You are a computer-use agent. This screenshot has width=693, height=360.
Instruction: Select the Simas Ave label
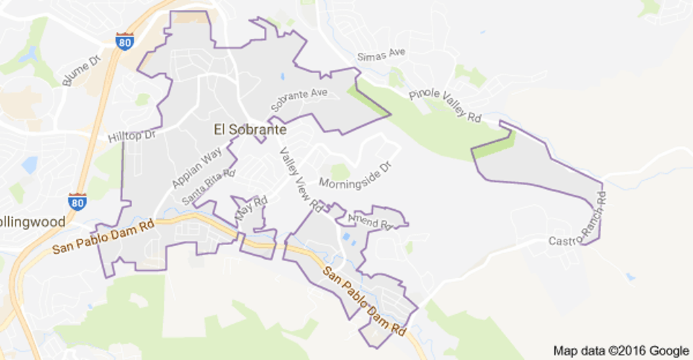tap(381, 54)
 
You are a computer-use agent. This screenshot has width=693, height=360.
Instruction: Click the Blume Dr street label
tap(81, 70)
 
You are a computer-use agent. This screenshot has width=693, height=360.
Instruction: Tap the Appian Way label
tap(196, 168)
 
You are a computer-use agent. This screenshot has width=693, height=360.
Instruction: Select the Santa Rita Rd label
tap(208, 186)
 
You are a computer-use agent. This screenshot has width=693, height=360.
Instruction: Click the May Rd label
tap(251, 208)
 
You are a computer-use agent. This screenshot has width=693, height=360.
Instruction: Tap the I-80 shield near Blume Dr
tap(124, 40)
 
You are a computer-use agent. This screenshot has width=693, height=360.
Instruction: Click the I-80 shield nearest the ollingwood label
tap(77, 200)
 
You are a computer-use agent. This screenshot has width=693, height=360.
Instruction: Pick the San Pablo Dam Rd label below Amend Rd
tap(363, 302)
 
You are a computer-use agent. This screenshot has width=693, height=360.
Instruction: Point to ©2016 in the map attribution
tap(629, 351)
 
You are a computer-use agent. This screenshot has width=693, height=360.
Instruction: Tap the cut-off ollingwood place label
tap(32, 222)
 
